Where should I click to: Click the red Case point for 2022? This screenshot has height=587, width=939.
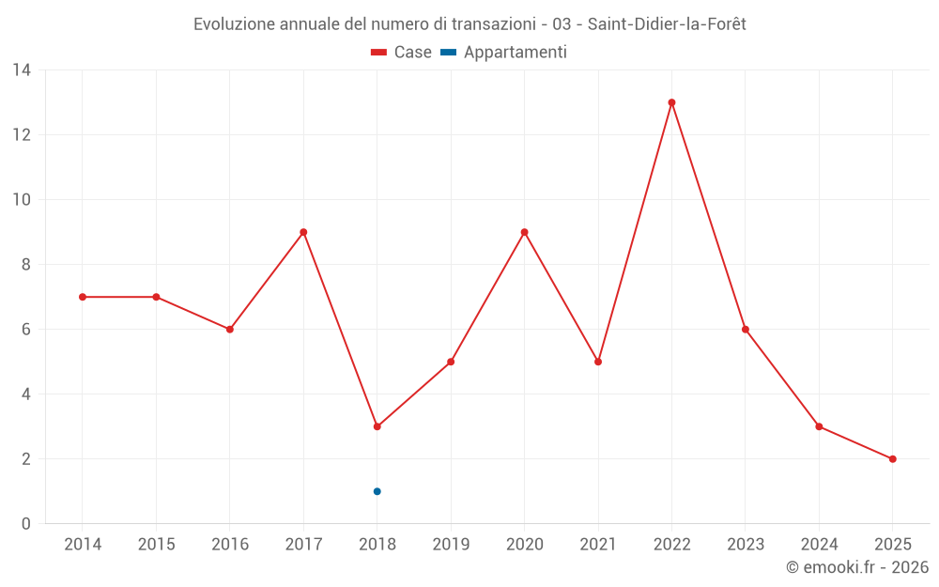click(671, 102)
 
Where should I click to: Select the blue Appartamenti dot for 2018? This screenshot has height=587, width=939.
click(377, 491)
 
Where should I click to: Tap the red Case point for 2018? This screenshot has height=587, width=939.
click(377, 426)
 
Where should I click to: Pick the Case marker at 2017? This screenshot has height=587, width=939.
click(303, 232)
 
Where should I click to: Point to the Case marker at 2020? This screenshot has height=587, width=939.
click(524, 232)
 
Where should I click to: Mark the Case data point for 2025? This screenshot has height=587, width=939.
click(892, 459)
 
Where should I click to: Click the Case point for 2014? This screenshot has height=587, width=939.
click(83, 297)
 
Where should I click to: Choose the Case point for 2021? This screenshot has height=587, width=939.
click(598, 362)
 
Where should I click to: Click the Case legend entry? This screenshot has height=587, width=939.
click(401, 53)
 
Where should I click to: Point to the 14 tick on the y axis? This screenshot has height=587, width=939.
click(22, 70)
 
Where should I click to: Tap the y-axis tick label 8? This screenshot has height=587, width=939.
click(26, 265)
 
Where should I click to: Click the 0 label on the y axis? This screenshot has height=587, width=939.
click(26, 524)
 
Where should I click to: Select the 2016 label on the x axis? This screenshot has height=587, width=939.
click(230, 545)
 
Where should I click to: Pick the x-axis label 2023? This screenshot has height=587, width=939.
click(746, 545)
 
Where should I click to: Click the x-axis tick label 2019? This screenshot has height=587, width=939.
click(451, 545)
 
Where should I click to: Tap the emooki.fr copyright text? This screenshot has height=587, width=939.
click(856, 567)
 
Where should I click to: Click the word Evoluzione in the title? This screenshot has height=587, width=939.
click(234, 24)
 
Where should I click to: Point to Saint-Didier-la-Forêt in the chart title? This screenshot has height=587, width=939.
click(667, 24)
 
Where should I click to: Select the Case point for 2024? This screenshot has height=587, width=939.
click(819, 426)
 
